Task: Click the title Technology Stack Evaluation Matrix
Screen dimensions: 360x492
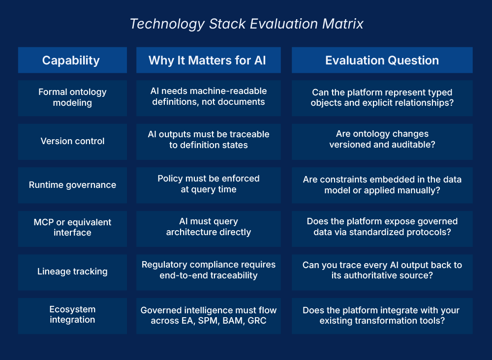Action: click(x=246, y=24)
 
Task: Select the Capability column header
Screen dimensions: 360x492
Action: click(x=72, y=60)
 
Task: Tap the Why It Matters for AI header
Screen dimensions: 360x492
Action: click(x=208, y=60)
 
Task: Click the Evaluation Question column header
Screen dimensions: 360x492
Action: click(x=382, y=60)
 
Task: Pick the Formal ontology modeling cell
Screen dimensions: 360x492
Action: click(x=72, y=97)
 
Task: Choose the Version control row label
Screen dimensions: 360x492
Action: click(x=72, y=141)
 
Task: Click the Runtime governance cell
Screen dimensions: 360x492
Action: click(x=72, y=185)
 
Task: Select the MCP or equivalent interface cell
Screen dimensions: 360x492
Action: click(x=72, y=228)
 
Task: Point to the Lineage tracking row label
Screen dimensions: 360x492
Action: click(x=72, y=271)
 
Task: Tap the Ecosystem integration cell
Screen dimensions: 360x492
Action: click(x=72, y=315)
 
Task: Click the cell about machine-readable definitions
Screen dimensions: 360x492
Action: click(x=208, y=97)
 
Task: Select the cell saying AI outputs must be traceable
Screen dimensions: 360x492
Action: click(x=208, y=140)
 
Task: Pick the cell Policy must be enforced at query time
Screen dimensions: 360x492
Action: click(x=208, y=184)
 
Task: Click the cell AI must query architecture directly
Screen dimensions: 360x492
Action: click(x=208, y=227)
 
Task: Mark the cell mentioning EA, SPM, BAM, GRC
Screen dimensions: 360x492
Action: click(x=208, y=315)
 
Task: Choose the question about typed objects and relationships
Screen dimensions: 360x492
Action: click(x=382, y=97)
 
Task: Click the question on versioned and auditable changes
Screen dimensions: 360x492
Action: click(x=382, y=139)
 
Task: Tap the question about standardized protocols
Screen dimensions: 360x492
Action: click(x=382, y=227)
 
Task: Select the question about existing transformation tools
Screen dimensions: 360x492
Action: click(x=382, y=316)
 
